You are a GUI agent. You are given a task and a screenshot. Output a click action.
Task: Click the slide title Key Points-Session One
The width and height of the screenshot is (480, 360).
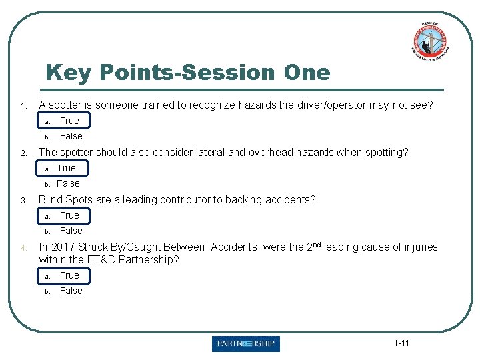(187, 72)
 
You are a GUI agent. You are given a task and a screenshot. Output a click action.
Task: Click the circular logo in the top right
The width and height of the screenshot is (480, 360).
(429, 41)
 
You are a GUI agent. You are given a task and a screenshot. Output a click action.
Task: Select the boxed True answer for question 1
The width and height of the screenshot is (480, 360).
(69, 121)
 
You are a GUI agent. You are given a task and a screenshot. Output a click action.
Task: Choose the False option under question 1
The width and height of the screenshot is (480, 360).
(71, 136)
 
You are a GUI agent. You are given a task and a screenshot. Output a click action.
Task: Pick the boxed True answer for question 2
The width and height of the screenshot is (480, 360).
(66, 168)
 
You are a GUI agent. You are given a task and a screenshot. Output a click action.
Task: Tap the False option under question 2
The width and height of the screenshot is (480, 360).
(68, 183)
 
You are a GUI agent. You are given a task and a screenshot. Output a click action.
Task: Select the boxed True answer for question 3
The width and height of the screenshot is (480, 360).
(69, 215)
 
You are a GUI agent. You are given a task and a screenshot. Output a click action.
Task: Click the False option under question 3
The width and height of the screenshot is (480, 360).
(71, 231)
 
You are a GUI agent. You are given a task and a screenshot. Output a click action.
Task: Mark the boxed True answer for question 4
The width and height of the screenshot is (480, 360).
(69, 275)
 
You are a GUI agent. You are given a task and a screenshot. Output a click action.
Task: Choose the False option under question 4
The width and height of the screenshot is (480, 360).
(71, 291)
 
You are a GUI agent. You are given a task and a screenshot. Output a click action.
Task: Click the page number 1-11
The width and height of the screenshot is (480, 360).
(401, 343)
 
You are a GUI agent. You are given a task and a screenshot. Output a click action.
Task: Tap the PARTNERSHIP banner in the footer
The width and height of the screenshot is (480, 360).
(246, 344)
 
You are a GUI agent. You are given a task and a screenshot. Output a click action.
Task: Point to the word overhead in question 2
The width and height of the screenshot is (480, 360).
(273, 153)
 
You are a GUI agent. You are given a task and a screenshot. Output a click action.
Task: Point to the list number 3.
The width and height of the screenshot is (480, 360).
(22, 201)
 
